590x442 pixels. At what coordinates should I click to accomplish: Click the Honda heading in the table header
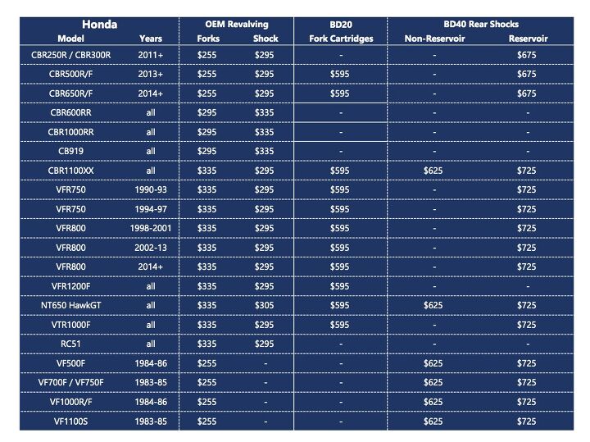pos(97,24)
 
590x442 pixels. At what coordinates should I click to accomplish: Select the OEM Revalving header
pos(238,24)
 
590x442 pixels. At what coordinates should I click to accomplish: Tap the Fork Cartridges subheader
pos(341,39)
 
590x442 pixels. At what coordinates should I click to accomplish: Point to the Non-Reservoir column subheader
pos(435,39)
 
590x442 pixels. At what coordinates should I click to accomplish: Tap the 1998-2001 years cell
pos(151,228)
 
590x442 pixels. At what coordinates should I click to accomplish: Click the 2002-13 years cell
pos(151,248)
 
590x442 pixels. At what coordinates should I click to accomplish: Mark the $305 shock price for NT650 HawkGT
pos(264,305)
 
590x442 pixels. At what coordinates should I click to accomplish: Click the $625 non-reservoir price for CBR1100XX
pos(435,171)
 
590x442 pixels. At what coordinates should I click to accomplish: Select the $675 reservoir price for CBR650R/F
pos(528,93)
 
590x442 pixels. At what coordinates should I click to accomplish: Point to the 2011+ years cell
pos(151,55)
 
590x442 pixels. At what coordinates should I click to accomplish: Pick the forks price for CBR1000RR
pos(210,132)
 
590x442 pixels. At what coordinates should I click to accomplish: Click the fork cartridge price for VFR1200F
pos(341,286)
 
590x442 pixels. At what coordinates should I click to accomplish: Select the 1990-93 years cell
pos(151,189)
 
